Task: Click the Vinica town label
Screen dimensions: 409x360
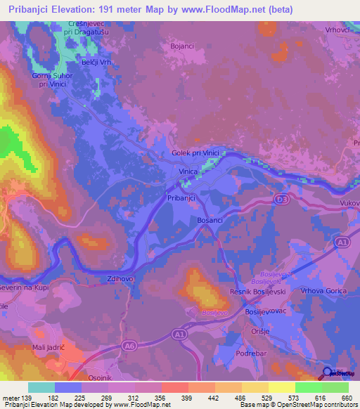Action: point(188,171)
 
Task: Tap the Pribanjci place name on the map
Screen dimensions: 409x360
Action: point(185,199)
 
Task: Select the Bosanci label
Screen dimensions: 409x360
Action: point(210,221)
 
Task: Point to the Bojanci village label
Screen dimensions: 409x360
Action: point(183,46)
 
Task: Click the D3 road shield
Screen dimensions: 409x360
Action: point(281,200)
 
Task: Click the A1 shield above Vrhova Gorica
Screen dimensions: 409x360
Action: point(342,242)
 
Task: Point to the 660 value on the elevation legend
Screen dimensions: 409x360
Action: point(345,398)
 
